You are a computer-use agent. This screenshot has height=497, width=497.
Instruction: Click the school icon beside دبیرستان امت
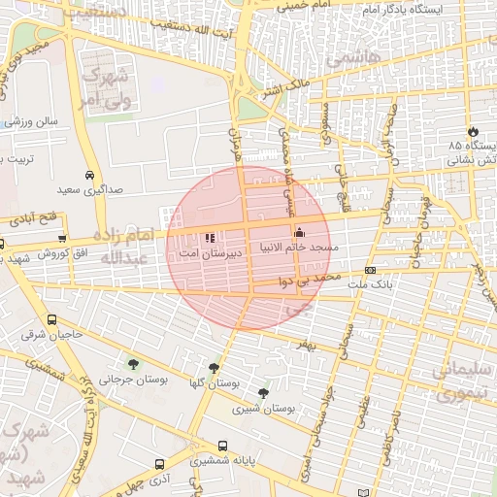211,237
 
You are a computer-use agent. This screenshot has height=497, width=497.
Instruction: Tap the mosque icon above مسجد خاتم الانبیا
298,233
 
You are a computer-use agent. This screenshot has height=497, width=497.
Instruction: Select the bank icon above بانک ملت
370,270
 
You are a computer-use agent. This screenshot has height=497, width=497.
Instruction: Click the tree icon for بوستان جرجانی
132,365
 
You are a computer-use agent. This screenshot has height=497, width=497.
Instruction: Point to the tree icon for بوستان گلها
214,368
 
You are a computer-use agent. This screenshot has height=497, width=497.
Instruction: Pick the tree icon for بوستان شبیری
264,393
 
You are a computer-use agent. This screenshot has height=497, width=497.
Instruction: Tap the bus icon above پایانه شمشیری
222,447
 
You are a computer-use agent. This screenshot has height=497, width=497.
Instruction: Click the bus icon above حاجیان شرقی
51,320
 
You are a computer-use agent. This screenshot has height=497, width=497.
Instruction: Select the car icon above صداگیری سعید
89,176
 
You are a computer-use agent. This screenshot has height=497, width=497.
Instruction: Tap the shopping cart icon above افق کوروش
62,239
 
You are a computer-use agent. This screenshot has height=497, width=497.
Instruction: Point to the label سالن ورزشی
31,121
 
